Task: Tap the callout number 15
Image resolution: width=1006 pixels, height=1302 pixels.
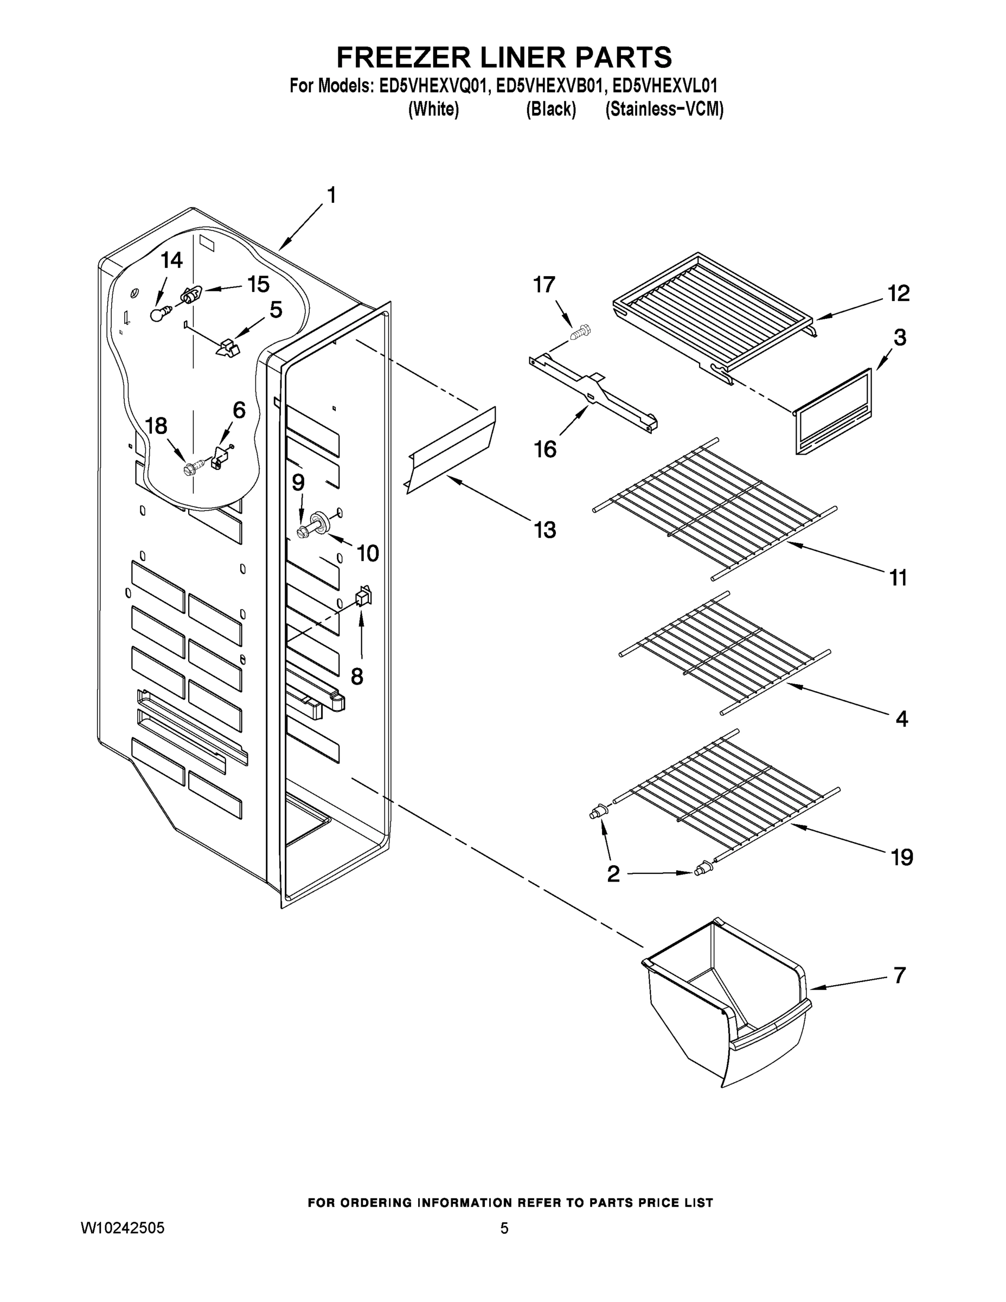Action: tap(258, 284)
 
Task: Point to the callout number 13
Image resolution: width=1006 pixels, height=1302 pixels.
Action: tap(544, 529)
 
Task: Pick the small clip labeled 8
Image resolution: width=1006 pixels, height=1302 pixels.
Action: tap(363, 596)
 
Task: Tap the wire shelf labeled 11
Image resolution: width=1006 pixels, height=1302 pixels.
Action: tap(715, 507)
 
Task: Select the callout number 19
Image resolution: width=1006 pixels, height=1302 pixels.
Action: tap(901, 857)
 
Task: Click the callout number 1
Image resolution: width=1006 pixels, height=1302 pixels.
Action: tap(332, 195)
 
